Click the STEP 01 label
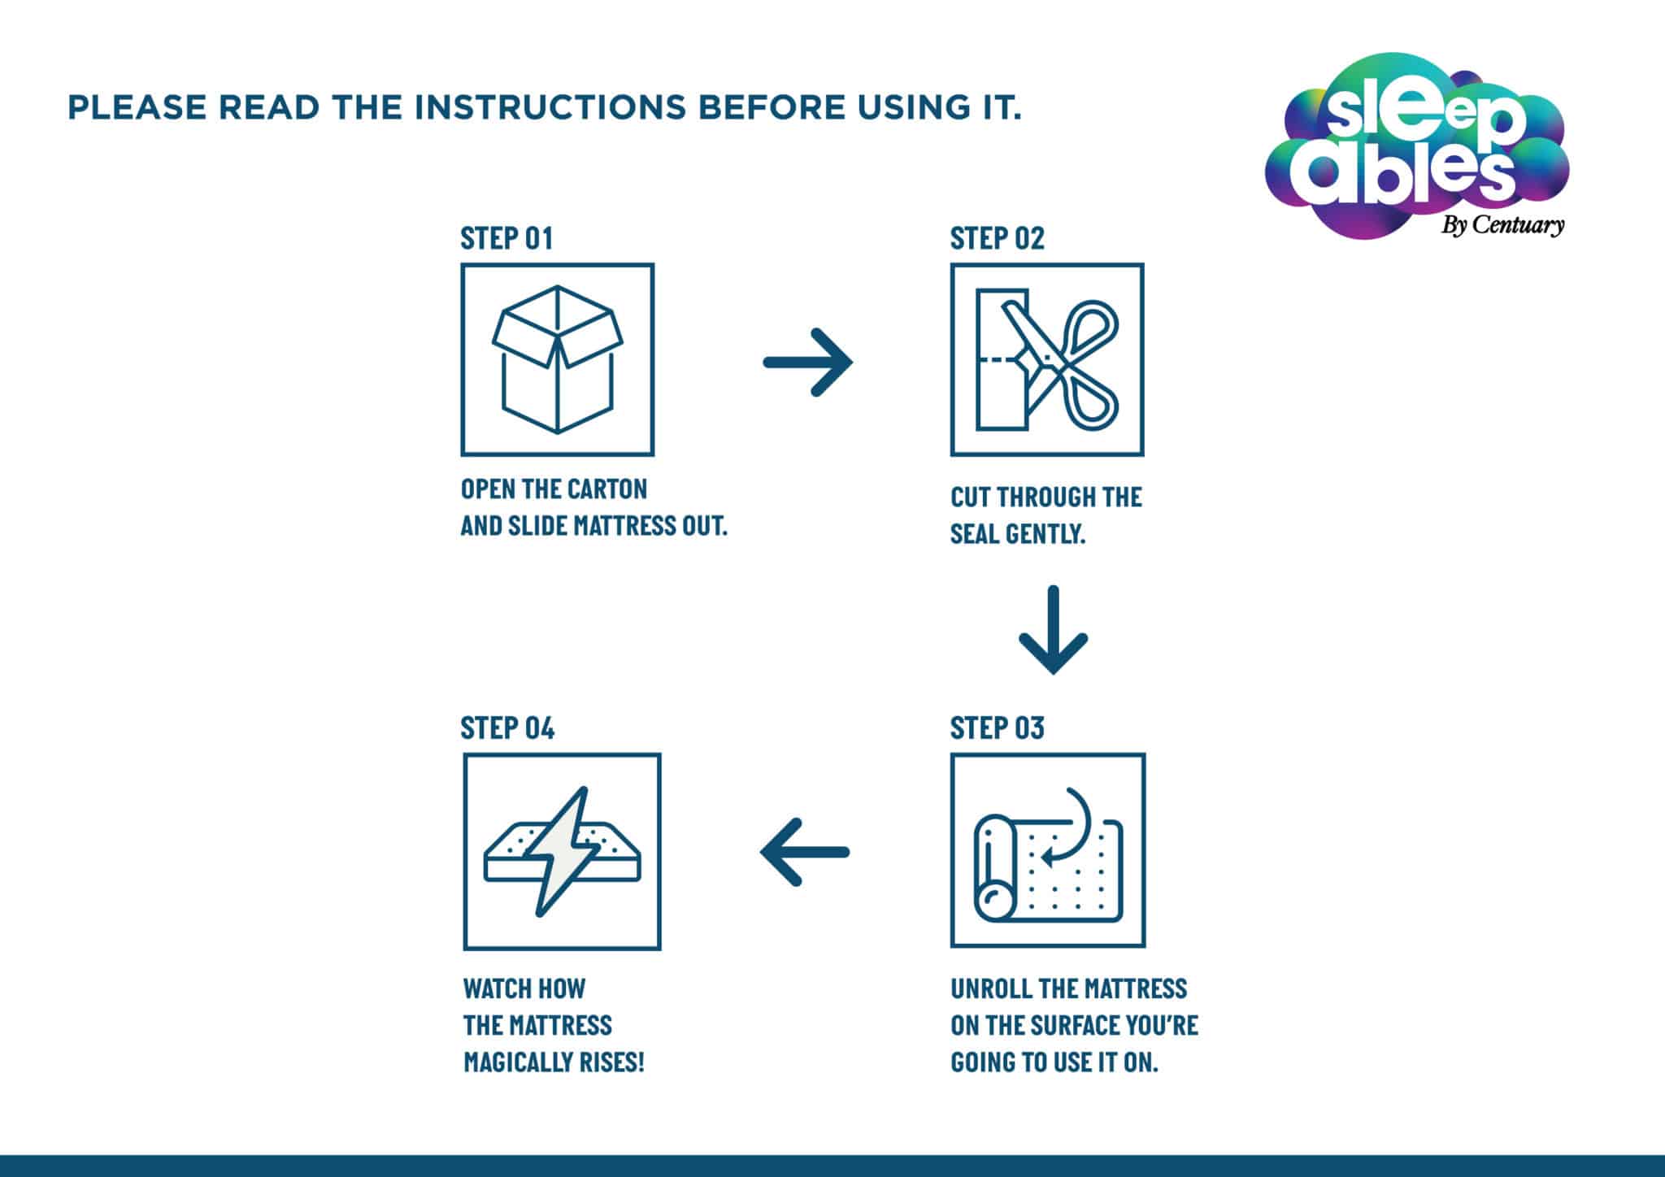pyautogui.click(x=506, y=238)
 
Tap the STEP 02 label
pyautogui.click(x=997, y=238)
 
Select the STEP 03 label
pyautogui.click(x=997, y=727)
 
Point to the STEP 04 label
pyautogui.click(x=507, y=727)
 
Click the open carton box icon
pyautogui.click(x=558, y=359)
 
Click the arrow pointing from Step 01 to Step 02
pyautogui.click(x=808, y=362)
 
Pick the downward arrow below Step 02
pyautogui.click(x=1054, y=629)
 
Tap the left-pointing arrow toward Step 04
pyautogui.click(x=805, y=852)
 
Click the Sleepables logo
pyautogui.click(x=1416, y=146)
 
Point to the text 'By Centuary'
pyautogui.click(x=1502, y=224)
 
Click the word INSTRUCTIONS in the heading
pyautogui.click(x=550, y=107)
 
